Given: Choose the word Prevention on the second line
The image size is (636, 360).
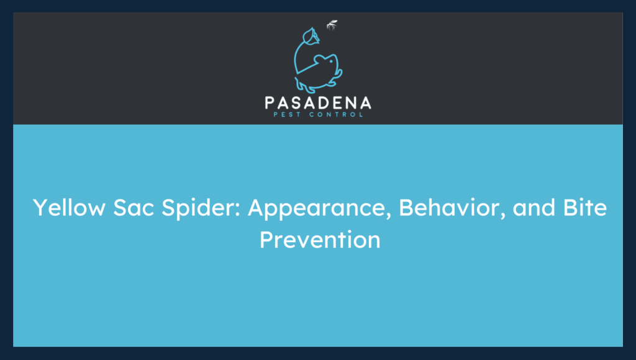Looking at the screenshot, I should pyautogui.click(x=319, y=239).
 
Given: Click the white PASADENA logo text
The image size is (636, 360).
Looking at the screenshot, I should pyautogui.click(x=318, y=102).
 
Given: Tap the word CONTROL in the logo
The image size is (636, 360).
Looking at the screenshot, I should pyautogui.click(x=338, y=114).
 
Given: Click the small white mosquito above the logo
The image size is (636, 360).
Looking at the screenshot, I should pyautogui.click(x=332, y=25).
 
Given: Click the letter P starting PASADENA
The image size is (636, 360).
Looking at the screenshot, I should pyautogui.click(x=270, y=102).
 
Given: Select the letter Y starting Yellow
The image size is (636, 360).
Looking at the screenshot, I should pyautogui.click(x=39, y=208).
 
